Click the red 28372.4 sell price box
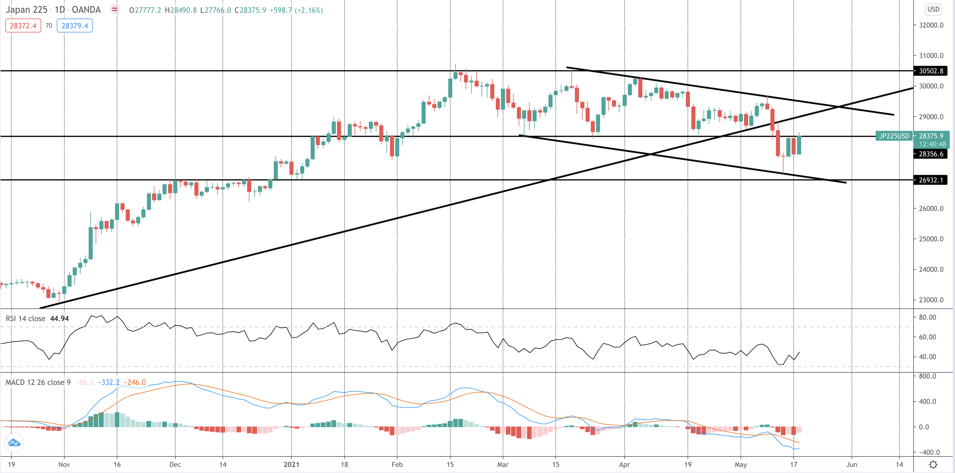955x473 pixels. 23,26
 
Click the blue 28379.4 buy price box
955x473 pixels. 74,26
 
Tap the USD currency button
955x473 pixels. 933,9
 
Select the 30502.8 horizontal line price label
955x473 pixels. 931,71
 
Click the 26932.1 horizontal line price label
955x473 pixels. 931,180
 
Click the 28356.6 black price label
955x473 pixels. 931,154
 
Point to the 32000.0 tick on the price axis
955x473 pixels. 931,25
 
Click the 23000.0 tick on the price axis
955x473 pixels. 931,300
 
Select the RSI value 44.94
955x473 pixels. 59,319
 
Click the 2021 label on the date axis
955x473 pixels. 291,465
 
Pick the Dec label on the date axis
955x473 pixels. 175,465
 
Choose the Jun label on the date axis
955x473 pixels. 852,465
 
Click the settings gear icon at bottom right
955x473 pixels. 933,465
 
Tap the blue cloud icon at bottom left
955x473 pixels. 14,443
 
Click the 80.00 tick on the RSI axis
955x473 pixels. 927,317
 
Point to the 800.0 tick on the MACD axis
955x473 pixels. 927,376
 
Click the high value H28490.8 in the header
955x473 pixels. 181,10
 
